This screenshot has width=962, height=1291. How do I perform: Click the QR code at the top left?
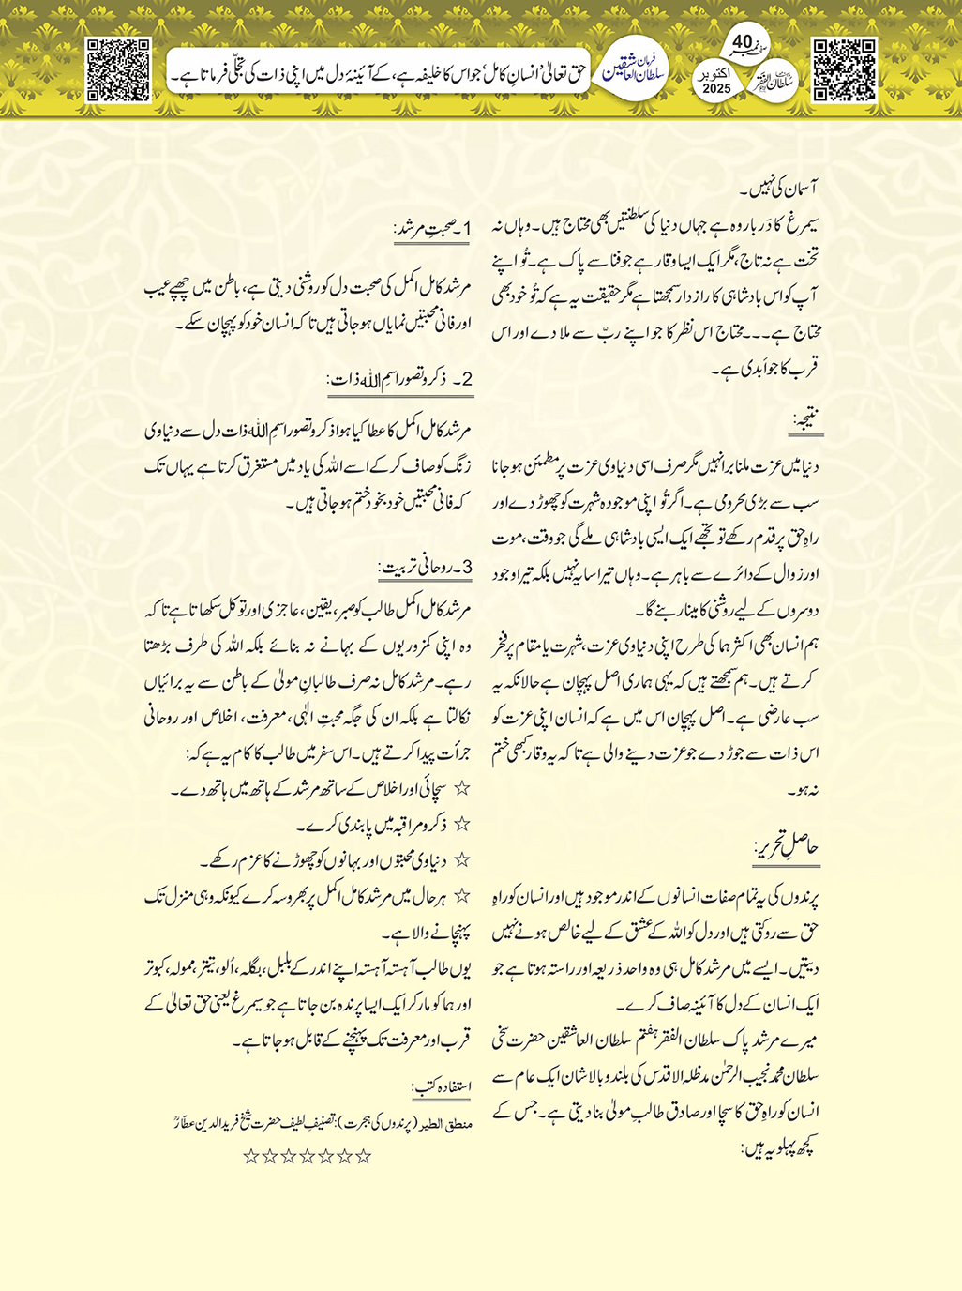coord(118,69)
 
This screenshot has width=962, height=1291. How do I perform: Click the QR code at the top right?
coord(844,69)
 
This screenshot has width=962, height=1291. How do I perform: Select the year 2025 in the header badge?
coord(716,88)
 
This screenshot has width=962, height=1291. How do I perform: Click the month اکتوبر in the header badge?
coord(716,72)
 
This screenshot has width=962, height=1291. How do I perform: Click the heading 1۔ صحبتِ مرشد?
coord(433,230)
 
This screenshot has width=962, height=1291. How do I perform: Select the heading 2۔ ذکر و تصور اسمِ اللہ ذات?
coord(399,380)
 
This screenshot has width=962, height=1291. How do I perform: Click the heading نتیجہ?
coord(806,424)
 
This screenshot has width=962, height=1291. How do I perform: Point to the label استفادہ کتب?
coord(442,1087)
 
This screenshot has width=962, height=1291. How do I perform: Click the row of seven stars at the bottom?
coord(308,1157)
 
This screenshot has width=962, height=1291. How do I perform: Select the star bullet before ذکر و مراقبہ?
coord(460,825)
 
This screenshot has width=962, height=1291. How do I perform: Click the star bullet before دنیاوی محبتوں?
coord(460,860)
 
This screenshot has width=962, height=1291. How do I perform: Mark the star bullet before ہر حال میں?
coord(460,897)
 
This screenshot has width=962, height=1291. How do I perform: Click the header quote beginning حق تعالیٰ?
coord(375,71)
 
